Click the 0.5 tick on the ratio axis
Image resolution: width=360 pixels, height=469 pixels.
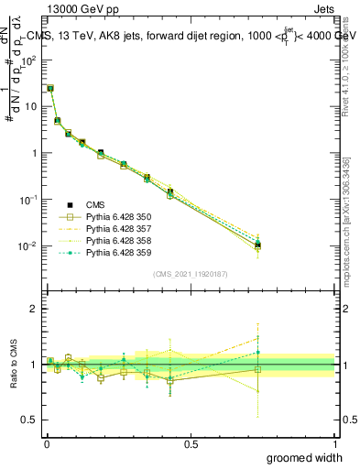(31, 420)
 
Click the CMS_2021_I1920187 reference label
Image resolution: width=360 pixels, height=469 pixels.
(191, 274)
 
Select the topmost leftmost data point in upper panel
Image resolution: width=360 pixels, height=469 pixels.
(49, 89)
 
